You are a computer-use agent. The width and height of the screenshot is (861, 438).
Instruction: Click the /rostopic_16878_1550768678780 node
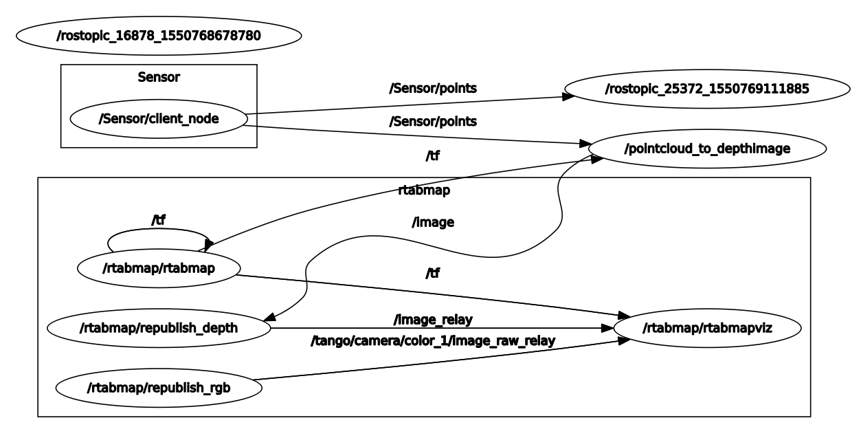(159, 35)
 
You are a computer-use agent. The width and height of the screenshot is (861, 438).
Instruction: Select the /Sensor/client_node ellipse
(159, 118)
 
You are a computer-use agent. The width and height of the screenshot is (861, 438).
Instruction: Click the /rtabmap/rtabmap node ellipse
(158, 268)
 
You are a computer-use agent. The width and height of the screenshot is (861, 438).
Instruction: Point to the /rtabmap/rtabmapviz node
(706, 328)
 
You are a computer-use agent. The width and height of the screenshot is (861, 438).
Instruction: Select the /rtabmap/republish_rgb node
(158, 388)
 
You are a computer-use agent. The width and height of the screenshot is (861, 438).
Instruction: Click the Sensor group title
(159, 77)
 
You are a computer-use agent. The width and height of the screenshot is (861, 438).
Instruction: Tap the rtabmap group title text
(424, 190)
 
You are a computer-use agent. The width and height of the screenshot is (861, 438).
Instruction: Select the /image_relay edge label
(433, 320)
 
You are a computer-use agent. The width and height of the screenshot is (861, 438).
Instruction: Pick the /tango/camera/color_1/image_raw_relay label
(433, 340)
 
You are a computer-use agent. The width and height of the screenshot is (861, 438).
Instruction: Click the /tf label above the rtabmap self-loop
(159, 220)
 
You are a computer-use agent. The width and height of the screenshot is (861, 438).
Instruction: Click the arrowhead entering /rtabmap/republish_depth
(270, 317)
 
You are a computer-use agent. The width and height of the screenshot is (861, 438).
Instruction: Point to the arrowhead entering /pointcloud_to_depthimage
(586, 144)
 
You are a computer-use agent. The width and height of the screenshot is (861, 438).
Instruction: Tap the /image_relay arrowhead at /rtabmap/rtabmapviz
(606, 328)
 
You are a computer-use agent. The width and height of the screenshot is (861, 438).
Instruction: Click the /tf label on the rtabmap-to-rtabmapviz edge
(432, 274)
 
